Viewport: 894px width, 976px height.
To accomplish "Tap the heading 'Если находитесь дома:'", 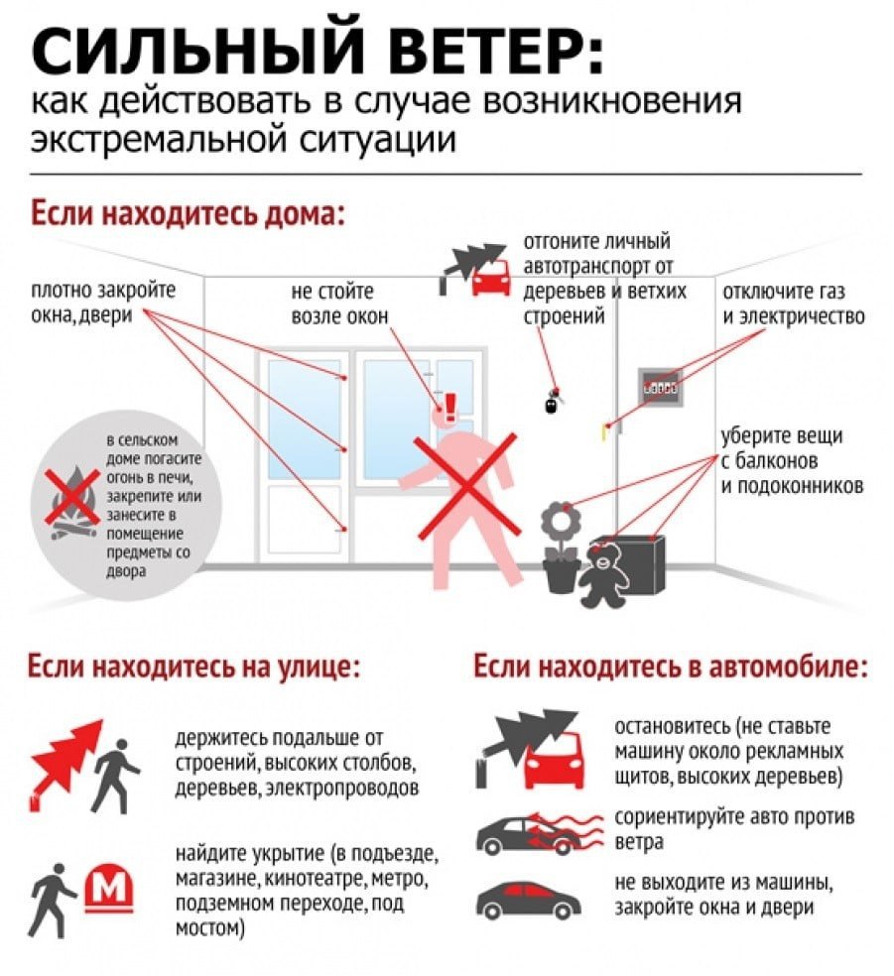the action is tap(188, 213).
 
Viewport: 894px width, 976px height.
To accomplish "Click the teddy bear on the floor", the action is tap(604, 576).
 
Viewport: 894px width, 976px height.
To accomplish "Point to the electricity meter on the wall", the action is tap(661, 387).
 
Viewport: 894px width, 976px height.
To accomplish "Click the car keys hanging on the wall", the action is tap(553, 401).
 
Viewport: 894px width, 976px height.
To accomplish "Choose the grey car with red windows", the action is tap(529, 899).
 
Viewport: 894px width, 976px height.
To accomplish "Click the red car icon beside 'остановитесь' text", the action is tap(555, 761).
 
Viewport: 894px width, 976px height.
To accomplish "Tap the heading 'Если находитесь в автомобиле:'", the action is tap(671, 667).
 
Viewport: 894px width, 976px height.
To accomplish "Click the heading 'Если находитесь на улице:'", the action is tap(193, 667).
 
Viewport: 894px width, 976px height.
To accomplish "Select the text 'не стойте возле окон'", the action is tap(339, 304).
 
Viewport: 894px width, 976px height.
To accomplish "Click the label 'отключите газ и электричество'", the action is tap(793, 304).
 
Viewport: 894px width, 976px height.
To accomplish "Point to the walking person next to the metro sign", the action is tap(52, 900).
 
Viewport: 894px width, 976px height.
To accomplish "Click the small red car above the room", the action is tap(491, 278).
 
